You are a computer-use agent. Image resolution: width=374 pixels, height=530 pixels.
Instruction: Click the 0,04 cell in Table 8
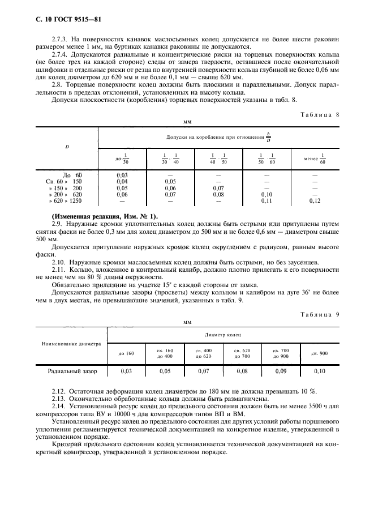click(x=122, y=181)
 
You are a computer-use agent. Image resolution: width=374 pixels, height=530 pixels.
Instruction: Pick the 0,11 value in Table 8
click(x=266, y=200)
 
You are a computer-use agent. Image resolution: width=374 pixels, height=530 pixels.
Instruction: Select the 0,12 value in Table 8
click(x=315, y=200)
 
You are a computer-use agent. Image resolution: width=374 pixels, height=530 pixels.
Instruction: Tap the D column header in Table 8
click(x=67, y=147)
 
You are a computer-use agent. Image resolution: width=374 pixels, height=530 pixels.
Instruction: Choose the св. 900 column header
click(x=320, y=353)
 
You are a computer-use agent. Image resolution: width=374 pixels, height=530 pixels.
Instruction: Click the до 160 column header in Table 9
click(x=126, y=353)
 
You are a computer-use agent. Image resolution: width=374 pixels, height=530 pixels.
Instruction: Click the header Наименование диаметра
click(x=71, y=344)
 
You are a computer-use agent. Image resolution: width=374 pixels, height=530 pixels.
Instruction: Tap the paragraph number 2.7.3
click(x=62, y=40)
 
